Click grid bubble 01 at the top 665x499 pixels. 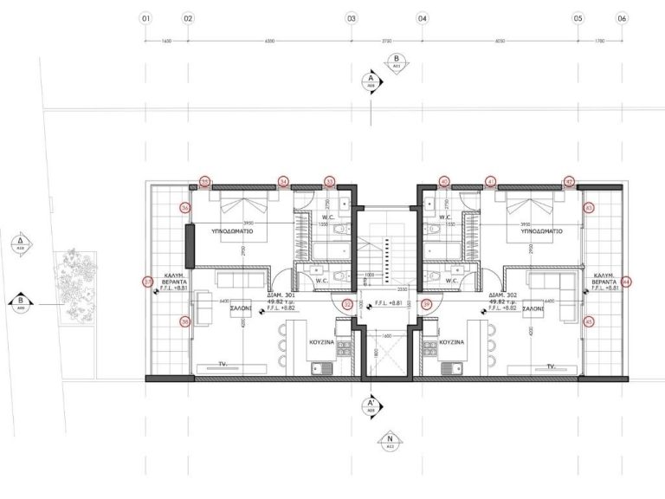(x=145, y=17)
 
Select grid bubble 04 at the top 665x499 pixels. (x=423, y=17)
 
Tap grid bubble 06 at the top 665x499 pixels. (x=622, y=17)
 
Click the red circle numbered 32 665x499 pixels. (x=347, y=304)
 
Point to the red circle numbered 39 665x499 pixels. (x=426, y=304)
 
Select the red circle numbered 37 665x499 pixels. (x=147, y=281)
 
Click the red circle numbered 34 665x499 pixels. (x=283, y=182)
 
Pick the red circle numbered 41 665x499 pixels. (x=491, y=182)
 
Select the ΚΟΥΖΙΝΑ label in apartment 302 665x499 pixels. (x=452, y=342)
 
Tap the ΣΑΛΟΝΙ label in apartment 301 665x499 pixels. (x=241, y=308)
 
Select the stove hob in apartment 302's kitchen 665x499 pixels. (x=429, y=350)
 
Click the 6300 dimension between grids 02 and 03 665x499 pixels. (x=269, y=41)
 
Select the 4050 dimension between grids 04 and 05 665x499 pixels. (x=500, y=41)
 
